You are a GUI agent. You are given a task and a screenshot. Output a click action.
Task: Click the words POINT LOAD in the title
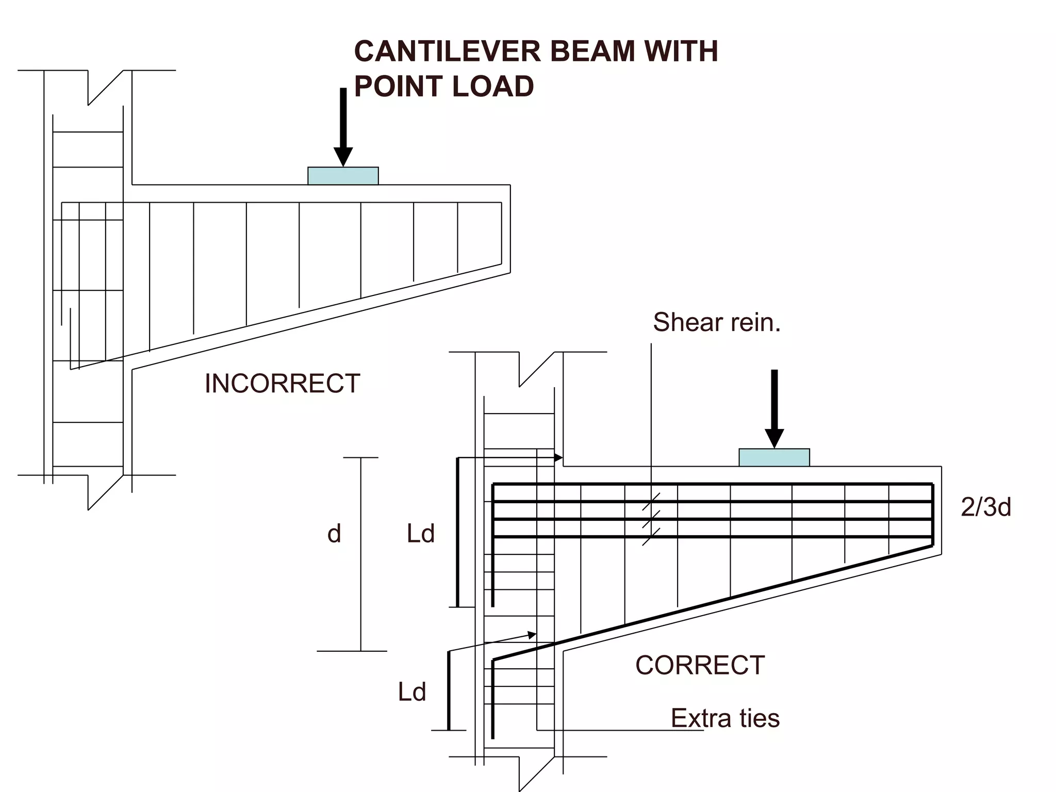tap(444, 87)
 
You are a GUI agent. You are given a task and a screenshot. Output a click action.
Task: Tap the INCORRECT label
tap(282, 384)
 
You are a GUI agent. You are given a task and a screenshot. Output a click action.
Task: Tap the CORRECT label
tap(700, 665)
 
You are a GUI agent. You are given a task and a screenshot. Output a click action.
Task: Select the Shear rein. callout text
tap(717, 323)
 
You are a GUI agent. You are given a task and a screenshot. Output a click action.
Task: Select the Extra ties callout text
tap(725, 718)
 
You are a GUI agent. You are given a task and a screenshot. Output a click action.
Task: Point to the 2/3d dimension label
tap(985, 507)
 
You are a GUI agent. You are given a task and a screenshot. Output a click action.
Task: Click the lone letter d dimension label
tap(334, 534)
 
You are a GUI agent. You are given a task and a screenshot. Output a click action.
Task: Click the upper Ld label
tap(421, 534)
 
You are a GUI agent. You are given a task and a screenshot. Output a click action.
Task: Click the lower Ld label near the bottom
tap(412, 692)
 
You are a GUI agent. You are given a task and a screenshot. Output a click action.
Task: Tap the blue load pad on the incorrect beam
tap(343, 176)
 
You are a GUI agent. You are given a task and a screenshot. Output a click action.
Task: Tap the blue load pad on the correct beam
tap(774, 457)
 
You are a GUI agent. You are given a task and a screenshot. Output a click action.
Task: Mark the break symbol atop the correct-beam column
tap(537, 368)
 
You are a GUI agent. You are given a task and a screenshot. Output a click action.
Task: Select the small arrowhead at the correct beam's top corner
tap(558, 457)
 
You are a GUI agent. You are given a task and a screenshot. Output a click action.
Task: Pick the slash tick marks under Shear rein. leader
tap(651, 519)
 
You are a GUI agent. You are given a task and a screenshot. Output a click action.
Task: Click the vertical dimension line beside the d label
tap(360, 554)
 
